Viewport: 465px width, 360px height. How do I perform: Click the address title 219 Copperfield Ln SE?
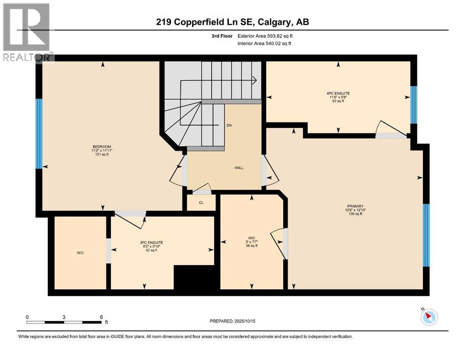[232, 22]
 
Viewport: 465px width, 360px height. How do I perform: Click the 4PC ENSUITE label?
[338, 93]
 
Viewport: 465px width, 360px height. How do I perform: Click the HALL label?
[239, 168]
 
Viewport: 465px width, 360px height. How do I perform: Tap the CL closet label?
[201, 203]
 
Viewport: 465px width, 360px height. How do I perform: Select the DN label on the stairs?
[229, 126]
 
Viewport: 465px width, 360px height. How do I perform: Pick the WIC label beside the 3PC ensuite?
[80, 253]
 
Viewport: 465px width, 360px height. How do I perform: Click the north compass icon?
[428, 317]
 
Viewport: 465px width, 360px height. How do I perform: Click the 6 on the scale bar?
[101, 317]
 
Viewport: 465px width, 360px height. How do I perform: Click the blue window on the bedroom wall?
[39, 134]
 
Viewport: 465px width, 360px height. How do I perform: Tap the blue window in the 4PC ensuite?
[413, 105]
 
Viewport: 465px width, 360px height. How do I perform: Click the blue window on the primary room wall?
[426, 235]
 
